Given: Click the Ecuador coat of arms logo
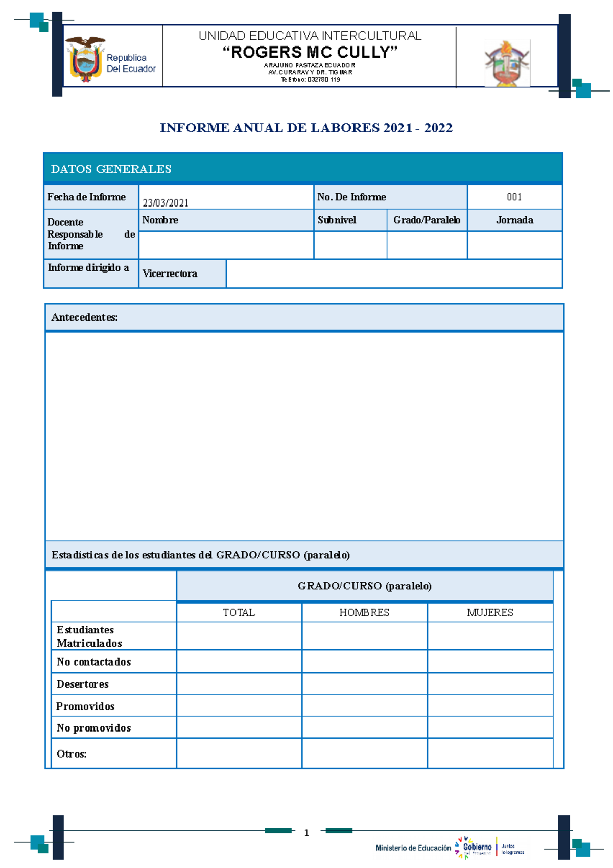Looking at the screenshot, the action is [86, 59].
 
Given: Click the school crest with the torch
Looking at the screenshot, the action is [507, 63].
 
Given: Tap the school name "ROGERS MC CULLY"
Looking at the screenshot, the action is [310, 52].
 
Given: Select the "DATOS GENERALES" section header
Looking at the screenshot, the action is [111, 169].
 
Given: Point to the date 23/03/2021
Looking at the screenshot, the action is [166, 203].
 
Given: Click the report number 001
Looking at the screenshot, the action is [514, 197].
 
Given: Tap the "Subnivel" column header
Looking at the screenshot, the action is [337, 220].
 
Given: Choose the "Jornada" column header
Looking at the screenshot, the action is [514, 220].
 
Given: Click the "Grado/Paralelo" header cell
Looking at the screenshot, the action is [427, 220].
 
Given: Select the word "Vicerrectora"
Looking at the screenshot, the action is [170, 273].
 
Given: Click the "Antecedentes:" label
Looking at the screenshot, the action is [84, 317].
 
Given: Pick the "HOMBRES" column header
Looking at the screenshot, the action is [364, 612].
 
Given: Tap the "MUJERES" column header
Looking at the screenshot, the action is [490, 612].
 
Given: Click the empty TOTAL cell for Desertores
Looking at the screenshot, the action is [239, 683].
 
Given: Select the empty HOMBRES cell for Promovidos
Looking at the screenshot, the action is [364, 705].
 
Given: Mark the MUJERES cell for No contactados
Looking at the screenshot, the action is [490, 661].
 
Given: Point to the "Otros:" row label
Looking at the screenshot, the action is [72, 753].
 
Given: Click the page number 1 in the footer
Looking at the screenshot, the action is [306, 833].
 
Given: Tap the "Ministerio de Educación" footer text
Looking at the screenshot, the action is [413, 848].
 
